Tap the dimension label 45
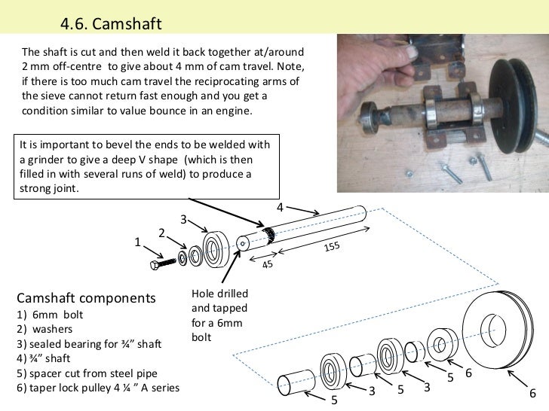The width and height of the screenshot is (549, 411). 267,264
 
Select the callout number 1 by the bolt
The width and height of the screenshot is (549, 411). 137,242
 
